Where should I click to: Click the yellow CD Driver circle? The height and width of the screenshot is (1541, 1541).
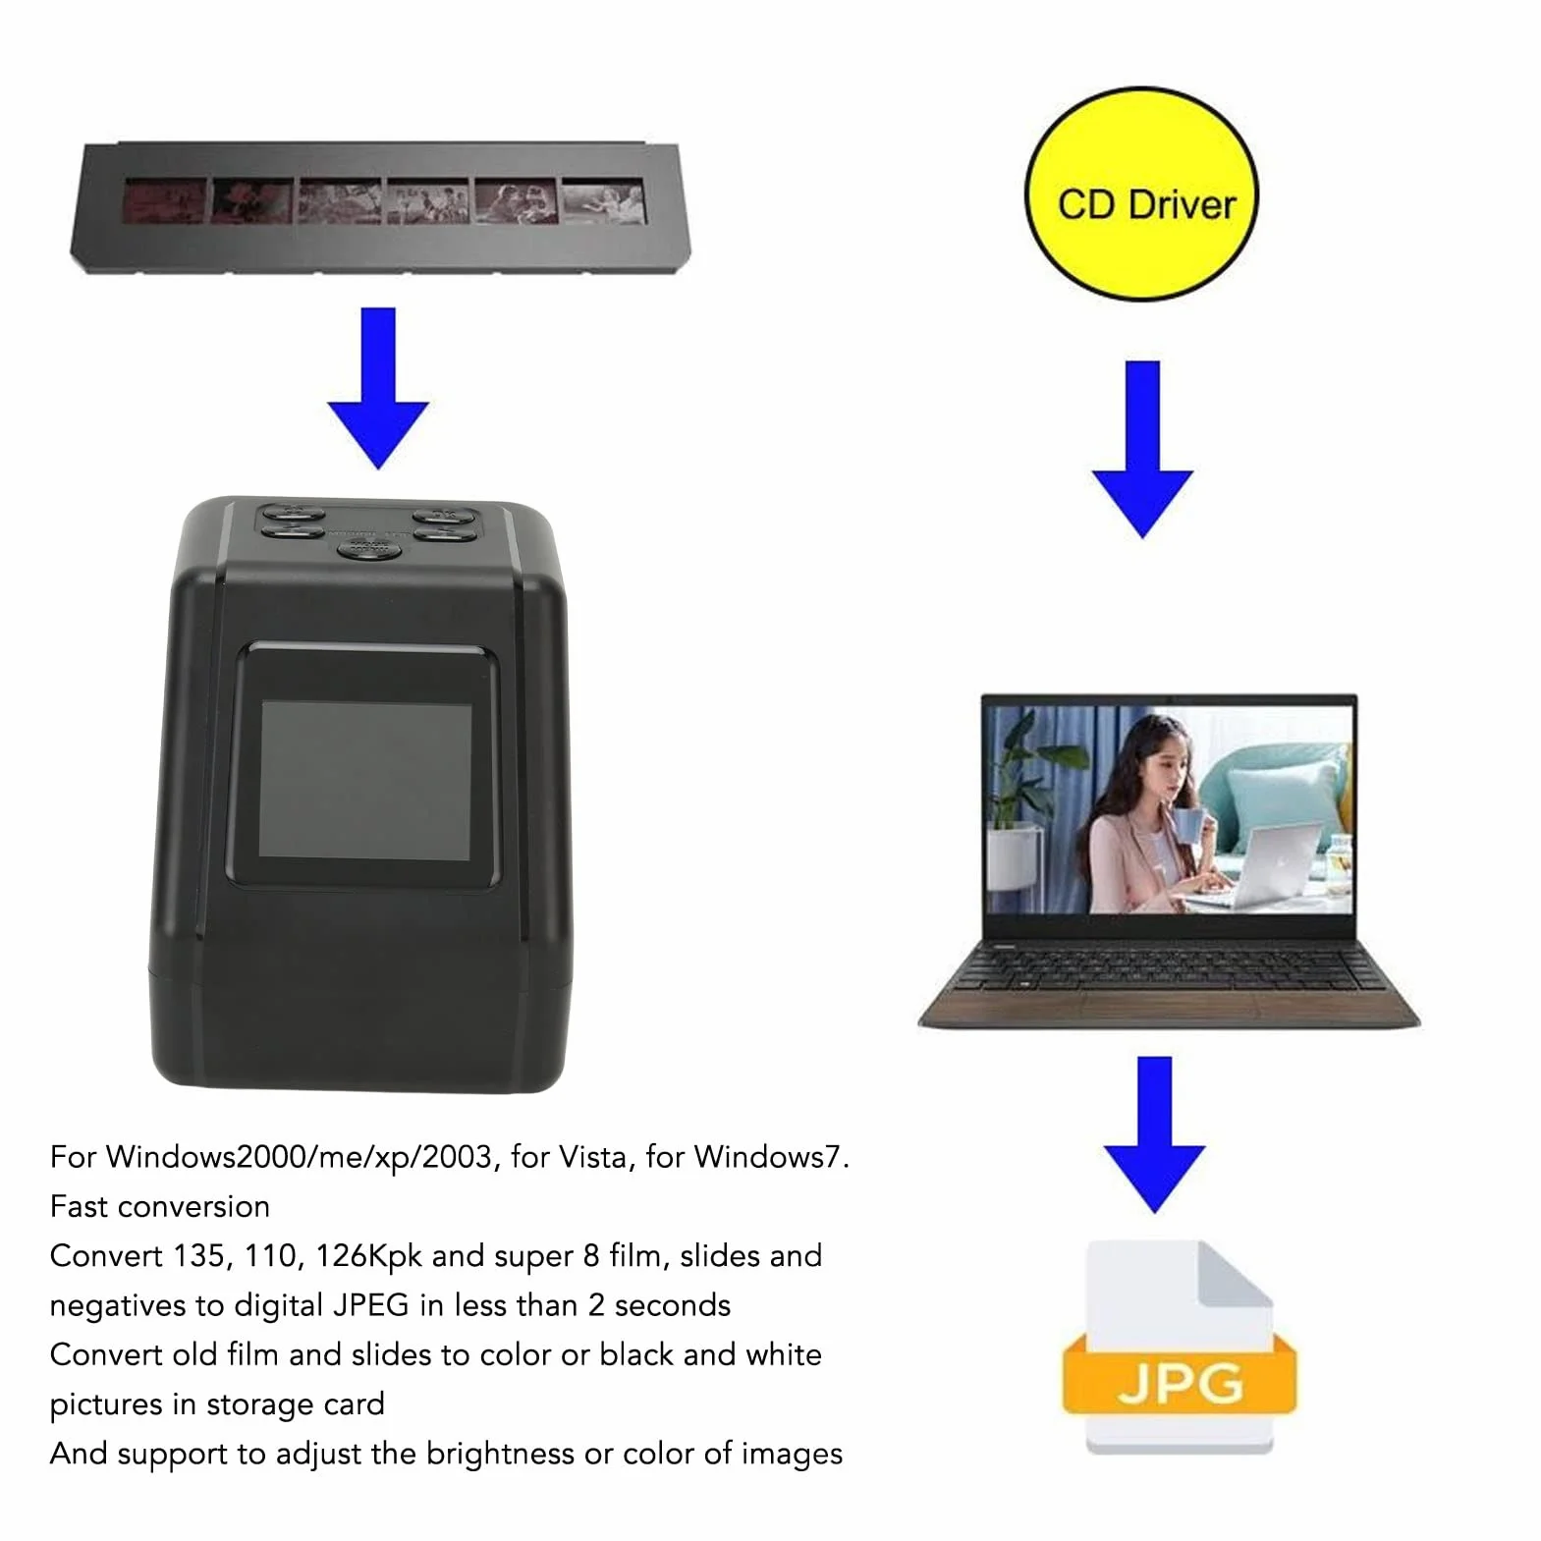(1141, 194)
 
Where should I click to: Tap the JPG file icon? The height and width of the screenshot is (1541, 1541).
(1180, 1347)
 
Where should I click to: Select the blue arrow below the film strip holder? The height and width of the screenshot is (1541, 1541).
(378, 387)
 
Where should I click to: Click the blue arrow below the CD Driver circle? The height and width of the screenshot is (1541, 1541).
(1142, 449)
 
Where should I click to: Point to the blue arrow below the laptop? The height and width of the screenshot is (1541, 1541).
(1154, 1134)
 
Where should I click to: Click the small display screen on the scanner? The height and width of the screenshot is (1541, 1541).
(364, 778)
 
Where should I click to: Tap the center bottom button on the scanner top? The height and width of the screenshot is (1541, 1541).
(368, 547)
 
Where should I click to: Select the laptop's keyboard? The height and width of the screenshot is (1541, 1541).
(1169, 966)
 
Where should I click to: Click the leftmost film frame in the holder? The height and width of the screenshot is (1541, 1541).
(165, 202)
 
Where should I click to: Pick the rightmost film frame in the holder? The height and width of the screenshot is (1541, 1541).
(603, 200)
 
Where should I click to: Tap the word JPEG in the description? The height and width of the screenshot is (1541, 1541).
(370, 1305)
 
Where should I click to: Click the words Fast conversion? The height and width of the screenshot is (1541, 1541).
(160, 1206)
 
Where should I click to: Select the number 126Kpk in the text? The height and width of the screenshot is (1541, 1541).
(368, 1257)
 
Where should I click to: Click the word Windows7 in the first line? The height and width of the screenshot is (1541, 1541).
(767, 1157)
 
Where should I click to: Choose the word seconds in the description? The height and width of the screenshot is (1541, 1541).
(673, 1305)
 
